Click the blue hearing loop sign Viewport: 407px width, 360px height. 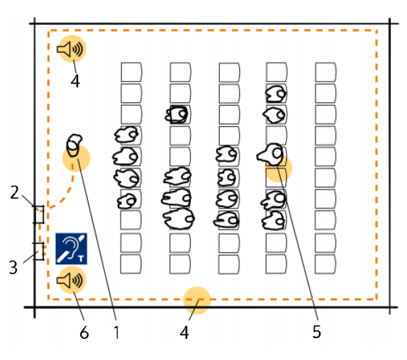pos(71,249)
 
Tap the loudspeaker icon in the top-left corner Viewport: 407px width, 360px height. pos(70,49)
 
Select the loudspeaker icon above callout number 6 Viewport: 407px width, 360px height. pos(70,280)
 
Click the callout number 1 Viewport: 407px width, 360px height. pos(117,332)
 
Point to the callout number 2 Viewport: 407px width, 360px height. pos(15,192)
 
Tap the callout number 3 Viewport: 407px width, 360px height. pos(13,268)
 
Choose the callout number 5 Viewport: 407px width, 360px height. pos(317,332)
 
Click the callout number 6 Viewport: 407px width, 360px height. pos(84,333)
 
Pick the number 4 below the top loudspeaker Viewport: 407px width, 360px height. pos(75,81)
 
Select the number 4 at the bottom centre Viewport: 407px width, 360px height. pos(184,333)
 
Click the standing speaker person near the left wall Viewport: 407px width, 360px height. pos(74,145)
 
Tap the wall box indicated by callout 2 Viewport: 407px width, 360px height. pos(39,214)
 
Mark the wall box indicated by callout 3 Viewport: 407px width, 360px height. pos(39,252)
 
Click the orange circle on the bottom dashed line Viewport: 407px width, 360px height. pos(196,300)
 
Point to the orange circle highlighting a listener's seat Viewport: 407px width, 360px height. pos(279,168)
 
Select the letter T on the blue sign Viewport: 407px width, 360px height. pos(81,258)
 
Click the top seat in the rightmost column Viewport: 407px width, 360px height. pos(326,72)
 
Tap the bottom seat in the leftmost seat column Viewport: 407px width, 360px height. pos(131,264)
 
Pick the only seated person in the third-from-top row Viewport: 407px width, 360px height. pos(177,114)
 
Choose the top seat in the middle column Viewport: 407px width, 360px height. pos(229,72)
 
